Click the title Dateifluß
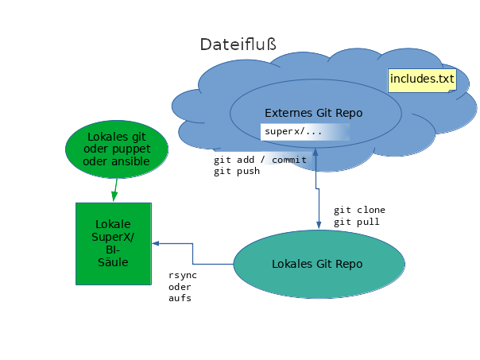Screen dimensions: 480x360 point(238,45)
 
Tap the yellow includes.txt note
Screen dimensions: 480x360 point(422,80)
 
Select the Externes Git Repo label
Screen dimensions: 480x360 point(313,113)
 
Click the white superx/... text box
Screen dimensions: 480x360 point(305,132)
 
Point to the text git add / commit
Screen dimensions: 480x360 point(260,160)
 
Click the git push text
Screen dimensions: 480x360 point(237,171)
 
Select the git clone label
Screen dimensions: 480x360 point(359,210)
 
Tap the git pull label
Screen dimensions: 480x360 point(356,222)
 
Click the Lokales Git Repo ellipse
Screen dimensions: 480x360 point(319,264)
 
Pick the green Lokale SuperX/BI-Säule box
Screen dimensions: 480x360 point(114,244)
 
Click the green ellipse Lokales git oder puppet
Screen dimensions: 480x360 point(117,149)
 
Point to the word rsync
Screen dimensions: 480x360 point(183,276)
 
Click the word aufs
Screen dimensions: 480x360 point(180,298)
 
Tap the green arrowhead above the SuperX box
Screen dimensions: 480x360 point(114,196)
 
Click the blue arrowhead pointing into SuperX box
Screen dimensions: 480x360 point(156,243)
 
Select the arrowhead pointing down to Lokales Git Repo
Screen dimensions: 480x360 point(319,225)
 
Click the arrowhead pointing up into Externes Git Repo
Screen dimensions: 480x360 point(315,152)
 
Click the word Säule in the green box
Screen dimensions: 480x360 point(113,262)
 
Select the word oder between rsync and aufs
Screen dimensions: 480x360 point(180,287)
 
